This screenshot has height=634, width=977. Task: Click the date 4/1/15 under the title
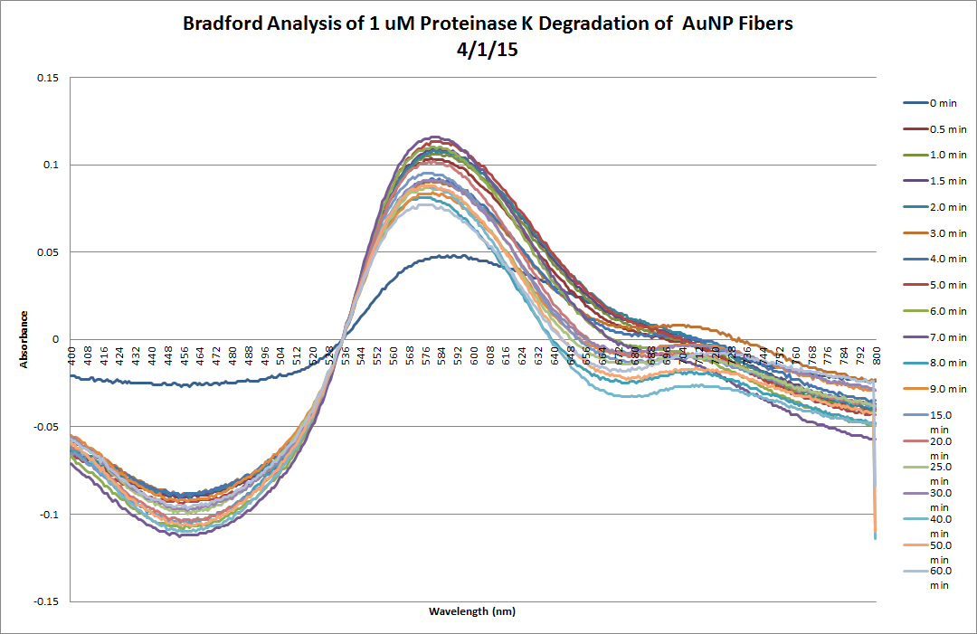click(488, 52)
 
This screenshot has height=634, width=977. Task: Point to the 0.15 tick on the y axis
click(47, 78)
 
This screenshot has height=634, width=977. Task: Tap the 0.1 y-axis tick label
click(51, 165)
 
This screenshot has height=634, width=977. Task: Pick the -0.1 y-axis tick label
click(49, 514)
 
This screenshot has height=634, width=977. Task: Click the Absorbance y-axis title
click(26, 340)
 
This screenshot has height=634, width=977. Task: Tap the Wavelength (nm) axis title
click(472, 611)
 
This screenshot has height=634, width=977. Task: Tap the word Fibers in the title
click(765, 24)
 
